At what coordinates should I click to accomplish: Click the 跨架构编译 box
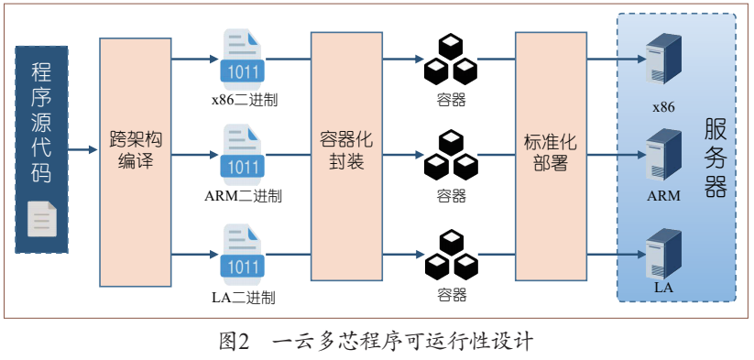[136, 162]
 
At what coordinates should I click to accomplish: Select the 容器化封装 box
[346, 157]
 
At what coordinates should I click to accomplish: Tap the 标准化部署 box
[552, 157]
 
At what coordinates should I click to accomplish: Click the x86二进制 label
[245, 101]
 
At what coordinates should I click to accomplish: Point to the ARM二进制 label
[243, 196]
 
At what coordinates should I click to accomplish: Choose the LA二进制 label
[244, 298]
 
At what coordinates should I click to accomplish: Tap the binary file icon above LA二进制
[243, 254]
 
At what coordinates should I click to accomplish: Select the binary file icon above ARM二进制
[243, 154]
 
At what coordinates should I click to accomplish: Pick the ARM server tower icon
[663, 155]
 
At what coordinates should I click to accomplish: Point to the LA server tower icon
[663, 255]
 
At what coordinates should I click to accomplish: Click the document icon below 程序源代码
[42, 219]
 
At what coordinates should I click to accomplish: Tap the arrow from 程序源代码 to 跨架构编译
[83, 150]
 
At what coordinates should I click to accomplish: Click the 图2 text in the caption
[235, 342]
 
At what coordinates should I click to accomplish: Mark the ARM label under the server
[663, 196]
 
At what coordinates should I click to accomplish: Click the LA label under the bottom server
[663, 288]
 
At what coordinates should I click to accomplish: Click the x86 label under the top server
[663, 107]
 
